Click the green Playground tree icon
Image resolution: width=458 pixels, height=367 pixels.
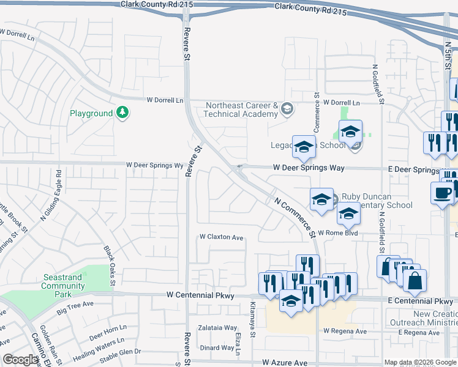point(122,113)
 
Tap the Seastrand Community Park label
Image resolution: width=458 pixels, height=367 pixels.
point(63,286)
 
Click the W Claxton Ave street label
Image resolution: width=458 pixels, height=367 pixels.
point(221,237)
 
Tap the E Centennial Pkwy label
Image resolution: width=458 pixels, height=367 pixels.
point(420,302)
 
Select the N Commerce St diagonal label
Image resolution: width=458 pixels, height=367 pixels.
point(294,217)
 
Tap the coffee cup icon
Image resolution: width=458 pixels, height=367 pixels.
point(442,194)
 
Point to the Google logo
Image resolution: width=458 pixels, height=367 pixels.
point(20,360)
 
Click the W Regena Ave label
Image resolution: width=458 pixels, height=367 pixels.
point(345,331)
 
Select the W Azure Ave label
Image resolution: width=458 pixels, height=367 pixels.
point(285,363)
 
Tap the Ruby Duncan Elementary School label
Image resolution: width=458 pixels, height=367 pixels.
point(377,201)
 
